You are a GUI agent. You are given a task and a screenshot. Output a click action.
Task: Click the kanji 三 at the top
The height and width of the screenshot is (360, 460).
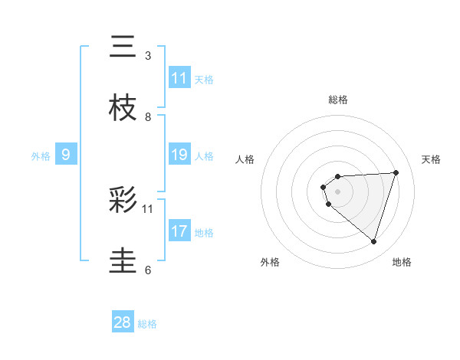tap(123, 47)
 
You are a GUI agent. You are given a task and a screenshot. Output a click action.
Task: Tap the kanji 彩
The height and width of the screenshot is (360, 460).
tap(123, 201)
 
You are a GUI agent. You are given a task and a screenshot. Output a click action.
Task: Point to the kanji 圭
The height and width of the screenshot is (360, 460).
tap(123, 261)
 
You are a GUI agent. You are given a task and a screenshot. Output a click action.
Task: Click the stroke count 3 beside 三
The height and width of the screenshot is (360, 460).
tap(148, 56)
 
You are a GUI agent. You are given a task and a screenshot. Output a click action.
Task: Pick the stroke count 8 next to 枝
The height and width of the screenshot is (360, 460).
tap(148, 116)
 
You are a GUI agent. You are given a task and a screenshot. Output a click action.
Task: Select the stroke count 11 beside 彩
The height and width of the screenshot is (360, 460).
tap(148, 208)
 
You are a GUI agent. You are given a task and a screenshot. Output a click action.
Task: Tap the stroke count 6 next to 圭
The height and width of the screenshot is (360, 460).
tap(148, 270)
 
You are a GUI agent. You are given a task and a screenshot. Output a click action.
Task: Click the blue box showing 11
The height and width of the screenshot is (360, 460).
tap(179, 78)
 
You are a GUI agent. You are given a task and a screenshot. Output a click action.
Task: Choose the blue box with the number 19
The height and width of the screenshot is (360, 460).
tap(179, 155)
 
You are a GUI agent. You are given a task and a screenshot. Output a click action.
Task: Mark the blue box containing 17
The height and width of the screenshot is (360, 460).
tap(179, 231)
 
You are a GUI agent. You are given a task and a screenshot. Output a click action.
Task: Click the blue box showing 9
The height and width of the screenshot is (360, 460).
tap(66, 155)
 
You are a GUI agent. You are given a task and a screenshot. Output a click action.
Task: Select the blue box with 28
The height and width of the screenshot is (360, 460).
tap(123, 322)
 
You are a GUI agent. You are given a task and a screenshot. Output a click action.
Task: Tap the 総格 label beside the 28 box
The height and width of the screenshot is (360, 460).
tap(147, 324)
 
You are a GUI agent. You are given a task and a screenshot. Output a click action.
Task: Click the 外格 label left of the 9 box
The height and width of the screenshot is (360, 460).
tap(41, 156)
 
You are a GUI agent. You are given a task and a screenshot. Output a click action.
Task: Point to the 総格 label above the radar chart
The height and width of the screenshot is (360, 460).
tap(338, 100)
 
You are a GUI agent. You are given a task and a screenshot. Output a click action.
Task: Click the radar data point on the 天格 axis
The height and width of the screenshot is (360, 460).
tap(396, 172)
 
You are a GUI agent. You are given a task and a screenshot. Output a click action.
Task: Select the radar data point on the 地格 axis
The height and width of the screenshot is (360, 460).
tap(373, 241)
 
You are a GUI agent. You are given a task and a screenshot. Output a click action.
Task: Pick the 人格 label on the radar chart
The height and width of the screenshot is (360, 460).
tap(245, 159)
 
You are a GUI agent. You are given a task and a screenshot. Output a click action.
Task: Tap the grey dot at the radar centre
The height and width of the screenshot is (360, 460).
tap(337, 190)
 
